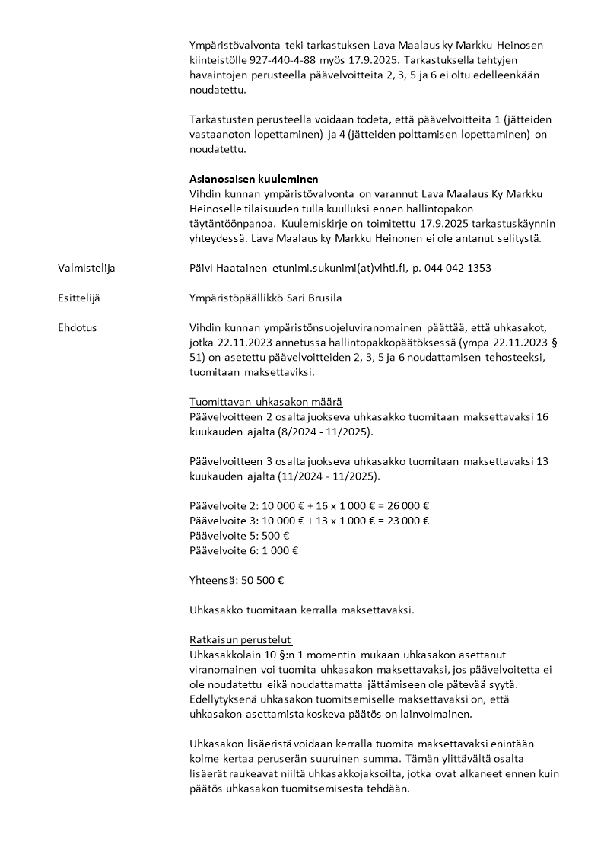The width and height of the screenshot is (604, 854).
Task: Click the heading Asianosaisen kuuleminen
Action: click(x=253, y=180)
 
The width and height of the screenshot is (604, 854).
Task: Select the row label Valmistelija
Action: click(x=87, y=268)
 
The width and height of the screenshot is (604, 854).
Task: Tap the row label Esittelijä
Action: click(x=80, y=298)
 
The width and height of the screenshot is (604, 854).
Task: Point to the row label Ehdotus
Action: click(x=77, y=327)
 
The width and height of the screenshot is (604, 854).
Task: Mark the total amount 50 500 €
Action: click(x=262, y=580)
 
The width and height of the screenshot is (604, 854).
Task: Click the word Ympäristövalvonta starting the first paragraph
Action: click(x=234, y=46)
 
